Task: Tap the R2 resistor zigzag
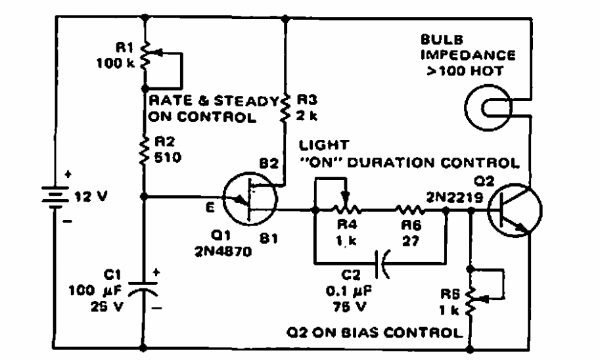click(144, 154)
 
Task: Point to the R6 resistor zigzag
click(408, 211)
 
